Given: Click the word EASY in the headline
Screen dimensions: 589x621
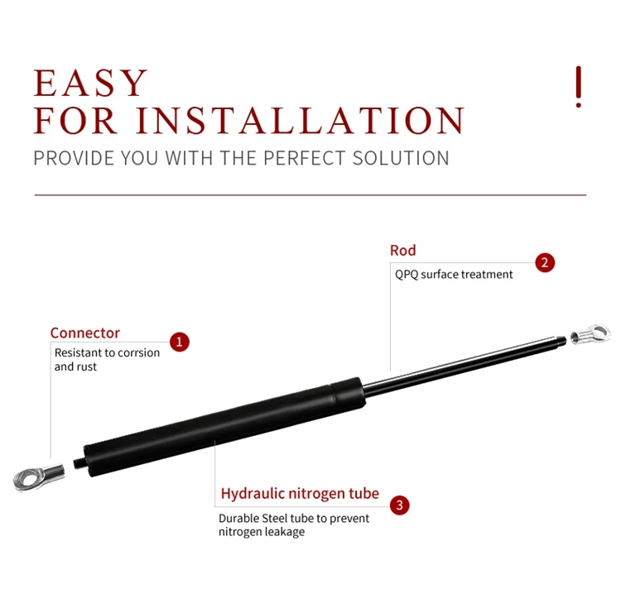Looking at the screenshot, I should (x=91, y=84).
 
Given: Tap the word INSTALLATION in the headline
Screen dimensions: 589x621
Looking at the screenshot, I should (x=300, y=121).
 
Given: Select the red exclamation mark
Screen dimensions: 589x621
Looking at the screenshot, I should (x=578, y=86).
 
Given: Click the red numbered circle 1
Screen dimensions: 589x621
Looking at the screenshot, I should (x=180, y=342).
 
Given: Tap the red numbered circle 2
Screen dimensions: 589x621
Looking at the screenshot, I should (x=544, y=263).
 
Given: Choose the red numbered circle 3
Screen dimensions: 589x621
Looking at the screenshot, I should (x=399, y=505).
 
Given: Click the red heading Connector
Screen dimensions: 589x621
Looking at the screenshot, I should (x=84, y=333).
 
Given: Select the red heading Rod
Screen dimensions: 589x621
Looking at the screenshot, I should (x=402, y=251).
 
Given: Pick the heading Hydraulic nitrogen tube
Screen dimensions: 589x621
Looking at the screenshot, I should (x=299, y=495).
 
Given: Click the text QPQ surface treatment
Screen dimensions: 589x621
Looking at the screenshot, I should (x=454, y=275).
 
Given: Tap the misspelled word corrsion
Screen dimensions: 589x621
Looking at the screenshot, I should (x=138, y=353).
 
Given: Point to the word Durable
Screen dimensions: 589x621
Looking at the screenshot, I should (x=238, y=519).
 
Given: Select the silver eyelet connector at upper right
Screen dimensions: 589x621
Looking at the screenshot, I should (x=590, y=335).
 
